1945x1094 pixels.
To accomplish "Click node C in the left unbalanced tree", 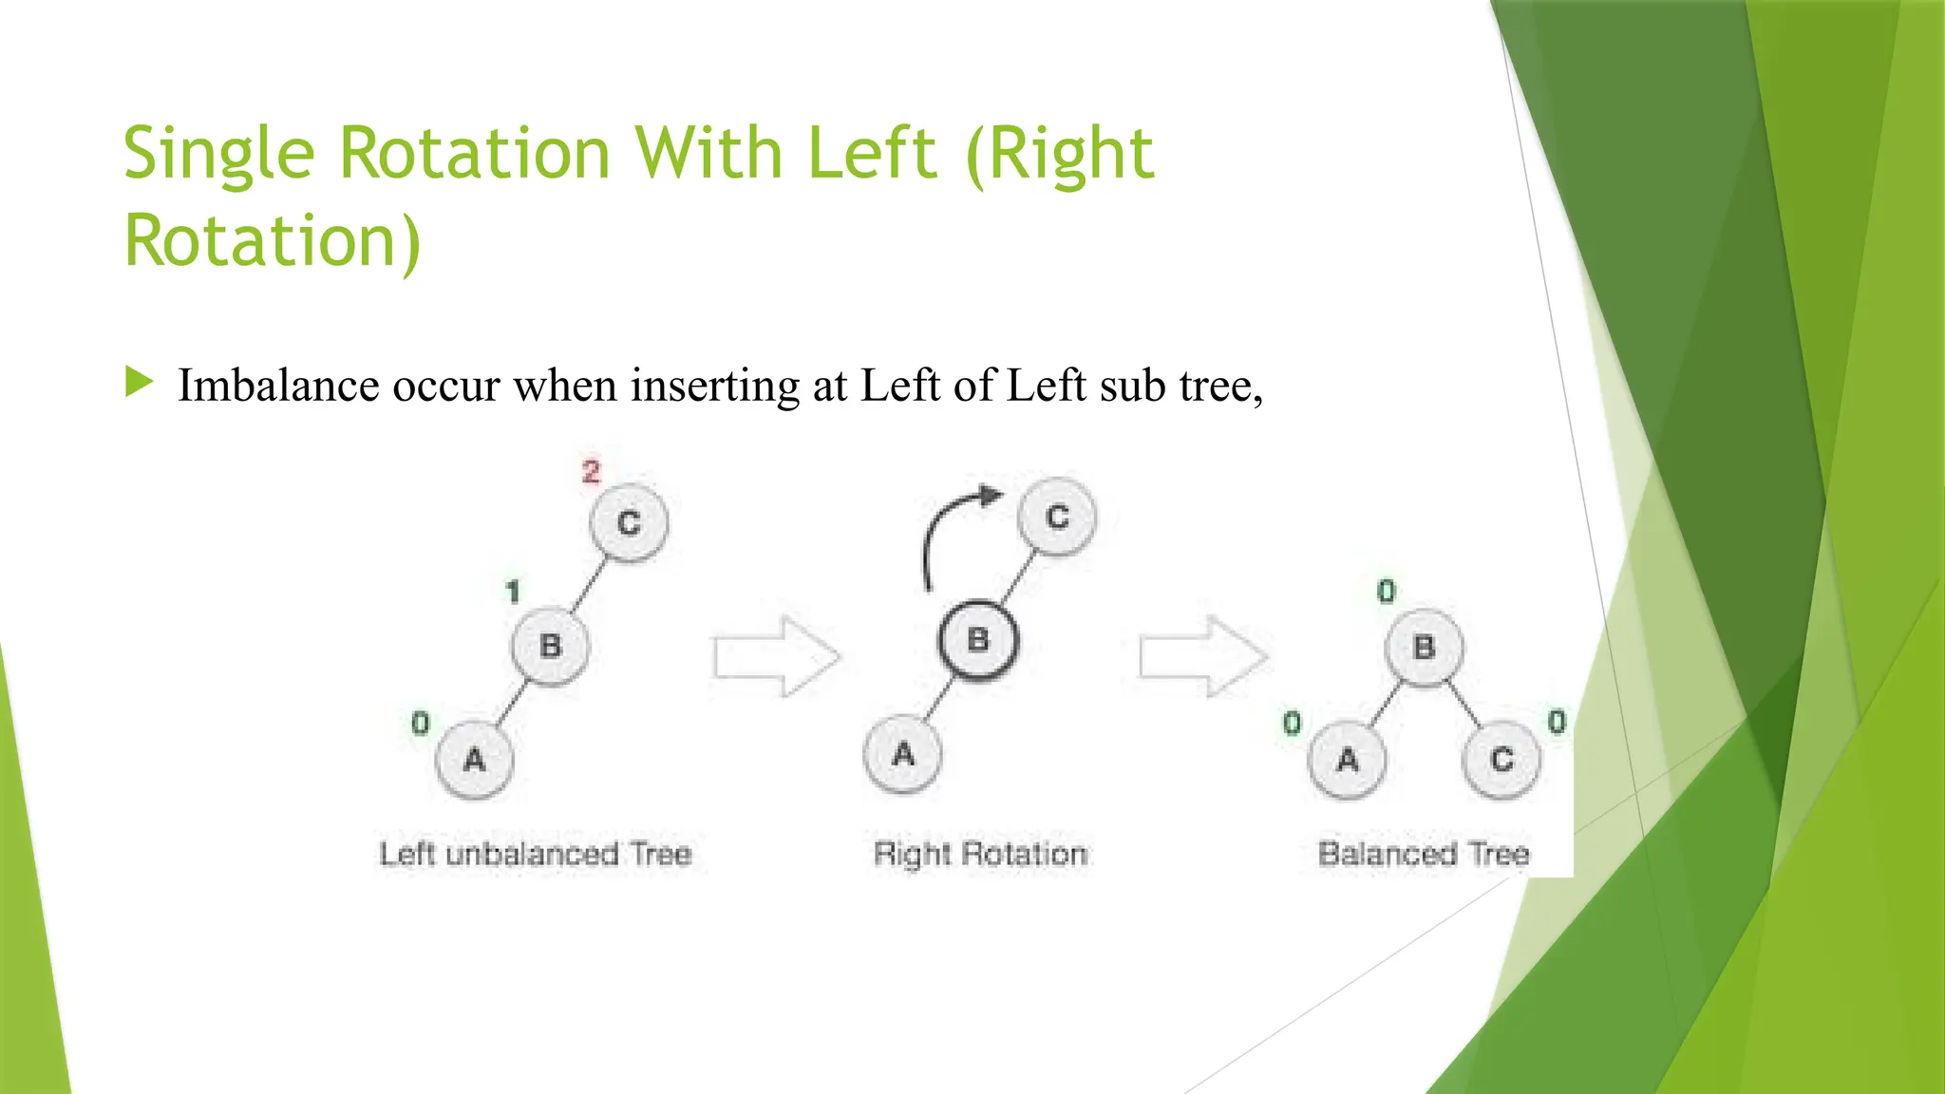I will tap(629, 522).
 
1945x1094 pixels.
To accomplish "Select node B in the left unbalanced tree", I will tap(550, 647).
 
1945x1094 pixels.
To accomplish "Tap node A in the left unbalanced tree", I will tap(474, 760).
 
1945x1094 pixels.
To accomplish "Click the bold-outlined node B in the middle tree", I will tap(977, 640).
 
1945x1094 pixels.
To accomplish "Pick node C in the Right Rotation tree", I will tap(1057, 517).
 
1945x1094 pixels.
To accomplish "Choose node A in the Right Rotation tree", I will tap(903, 754).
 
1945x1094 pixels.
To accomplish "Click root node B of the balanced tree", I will tap(1424, 648).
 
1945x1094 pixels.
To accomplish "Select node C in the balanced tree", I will tap(1501, 760).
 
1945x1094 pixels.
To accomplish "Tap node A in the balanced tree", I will tap(1347, 760).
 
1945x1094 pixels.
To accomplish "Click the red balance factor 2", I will tap(591, 471).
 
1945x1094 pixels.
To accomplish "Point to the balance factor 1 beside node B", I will tap(513, 592).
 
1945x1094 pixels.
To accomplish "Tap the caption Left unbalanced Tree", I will tap(535, 854).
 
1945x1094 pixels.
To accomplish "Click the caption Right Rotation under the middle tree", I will tap(980, 854).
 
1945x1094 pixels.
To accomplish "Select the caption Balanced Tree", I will tap(1424, 854).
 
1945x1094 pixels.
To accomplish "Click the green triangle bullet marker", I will tap(139, 383).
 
